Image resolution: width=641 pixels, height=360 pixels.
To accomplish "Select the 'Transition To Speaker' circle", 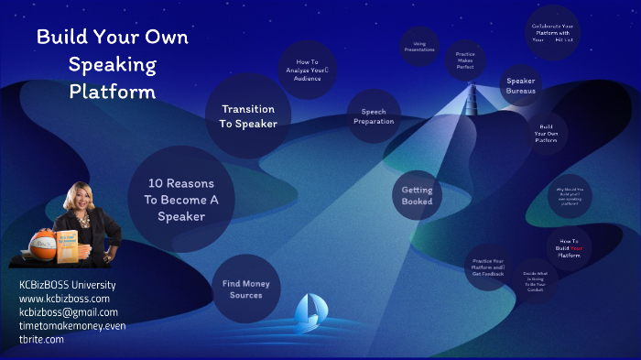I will pos(248,115).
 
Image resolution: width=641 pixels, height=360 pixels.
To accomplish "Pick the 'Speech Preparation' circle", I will pos(373,116).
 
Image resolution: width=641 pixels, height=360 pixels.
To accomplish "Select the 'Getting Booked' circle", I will pos(417,195).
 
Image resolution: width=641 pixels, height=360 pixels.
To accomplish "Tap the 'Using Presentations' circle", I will pos(419,47).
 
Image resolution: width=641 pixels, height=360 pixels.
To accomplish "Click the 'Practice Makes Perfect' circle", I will pos(465,60).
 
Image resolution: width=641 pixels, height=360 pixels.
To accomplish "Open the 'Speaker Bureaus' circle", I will pos(520,85).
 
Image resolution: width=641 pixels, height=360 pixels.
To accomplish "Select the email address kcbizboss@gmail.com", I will pos(69,311).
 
